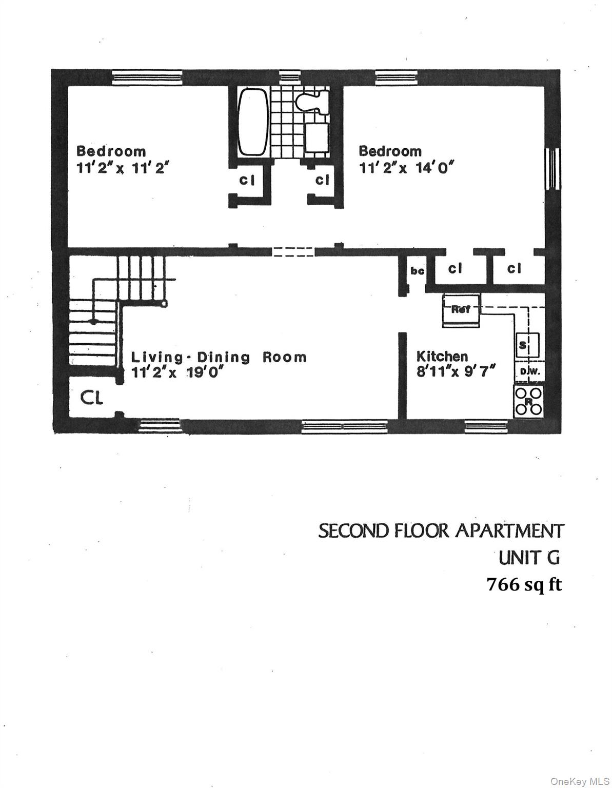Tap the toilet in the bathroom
point(311,102)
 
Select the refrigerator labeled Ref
point(462,310)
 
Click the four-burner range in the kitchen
point(528,401)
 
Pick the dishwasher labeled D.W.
point(528,371)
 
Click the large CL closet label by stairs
point(92,398)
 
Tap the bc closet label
point(418,270)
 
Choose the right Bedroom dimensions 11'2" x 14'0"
point(407,167)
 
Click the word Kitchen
point(442,356)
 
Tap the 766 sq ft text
point(524,584)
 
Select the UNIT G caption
point(529,557)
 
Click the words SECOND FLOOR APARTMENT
point(441,530)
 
